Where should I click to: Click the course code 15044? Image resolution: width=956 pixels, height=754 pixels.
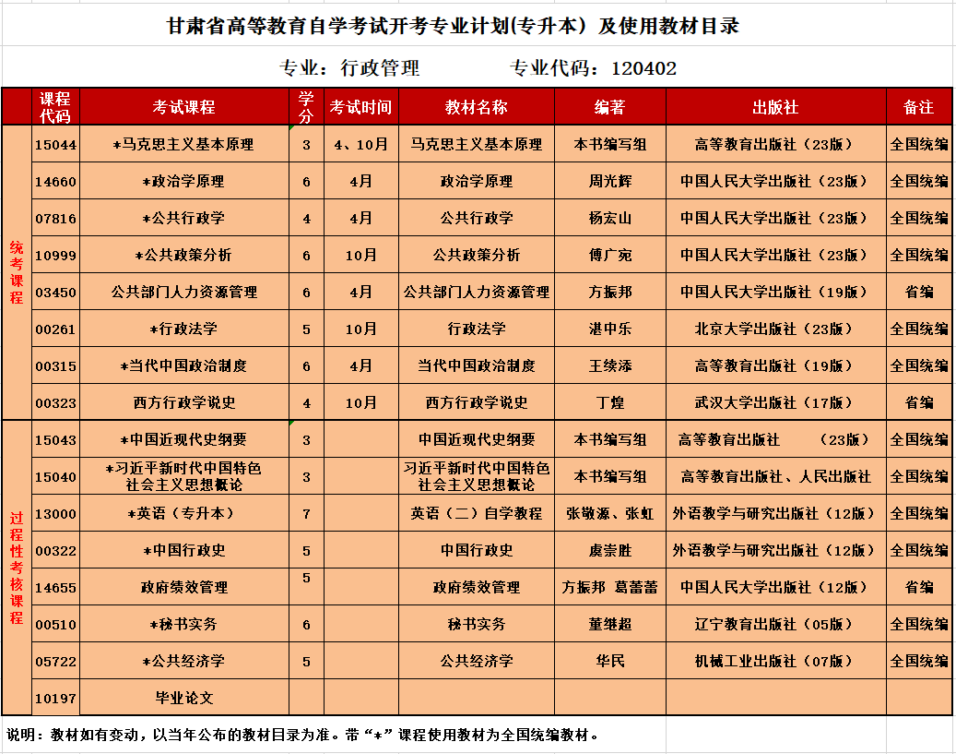tap(56, 145)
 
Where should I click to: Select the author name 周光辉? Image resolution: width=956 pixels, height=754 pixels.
tap(609, 182)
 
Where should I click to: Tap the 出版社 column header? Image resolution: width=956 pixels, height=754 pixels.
tap(774, 107)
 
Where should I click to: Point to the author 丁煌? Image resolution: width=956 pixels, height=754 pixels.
tap(609, 403)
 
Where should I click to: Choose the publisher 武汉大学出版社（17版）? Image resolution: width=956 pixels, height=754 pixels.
tap(774, 403)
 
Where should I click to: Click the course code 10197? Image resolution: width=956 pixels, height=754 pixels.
tap(56, 699)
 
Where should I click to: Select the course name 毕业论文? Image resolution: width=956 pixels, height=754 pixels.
tap(183, 699)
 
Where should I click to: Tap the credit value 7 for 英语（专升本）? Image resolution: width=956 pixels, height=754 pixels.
tap(306, 514)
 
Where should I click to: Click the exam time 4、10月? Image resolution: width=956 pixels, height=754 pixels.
tap(360, 145)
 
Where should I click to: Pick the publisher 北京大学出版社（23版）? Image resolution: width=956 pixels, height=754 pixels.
tap(774, 329)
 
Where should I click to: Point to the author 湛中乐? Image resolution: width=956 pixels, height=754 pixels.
tap(609, 329)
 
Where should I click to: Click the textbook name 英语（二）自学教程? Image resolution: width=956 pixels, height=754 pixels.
tap(476, 514)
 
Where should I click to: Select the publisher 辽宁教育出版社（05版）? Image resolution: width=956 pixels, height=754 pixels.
tap(774, 625)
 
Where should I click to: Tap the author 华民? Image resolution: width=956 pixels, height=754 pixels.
tap(609, 662)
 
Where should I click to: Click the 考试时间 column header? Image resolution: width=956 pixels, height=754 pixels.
tap(360, 107)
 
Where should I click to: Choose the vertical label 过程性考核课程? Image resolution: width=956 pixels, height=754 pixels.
tap(17, 568)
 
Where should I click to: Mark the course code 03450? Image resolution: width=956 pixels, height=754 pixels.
tap(56, 293)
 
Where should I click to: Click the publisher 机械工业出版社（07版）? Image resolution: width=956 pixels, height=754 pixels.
tap(774, 662)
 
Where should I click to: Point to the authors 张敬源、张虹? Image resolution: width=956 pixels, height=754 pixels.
tap(609, 514)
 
